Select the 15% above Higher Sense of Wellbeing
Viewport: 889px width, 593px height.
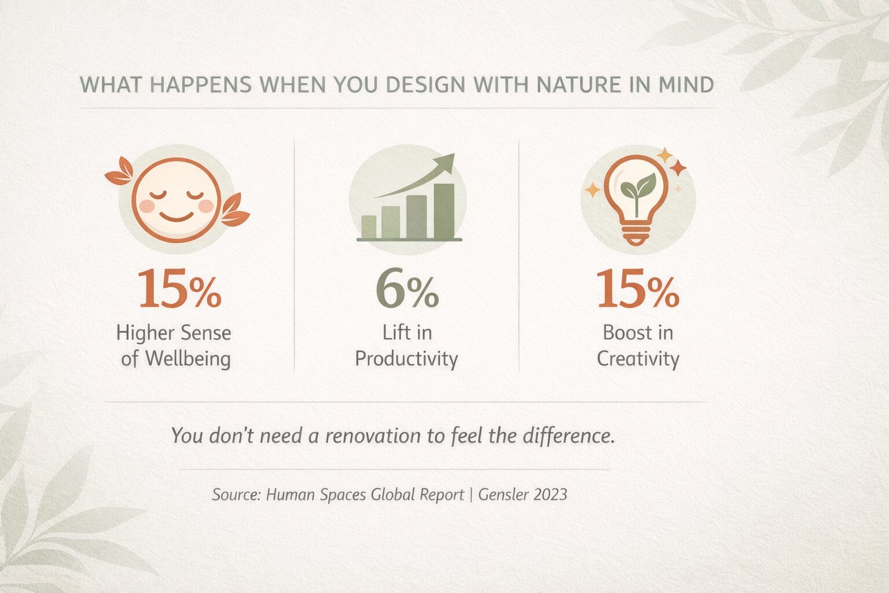pos(179,289)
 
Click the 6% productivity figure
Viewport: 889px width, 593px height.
pos(407,289)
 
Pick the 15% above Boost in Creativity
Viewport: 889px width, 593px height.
pos(638,289)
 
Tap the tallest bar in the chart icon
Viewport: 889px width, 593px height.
pos(444,211)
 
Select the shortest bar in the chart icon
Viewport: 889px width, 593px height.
pos(369,227)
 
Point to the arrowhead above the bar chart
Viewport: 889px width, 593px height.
pos(444,163)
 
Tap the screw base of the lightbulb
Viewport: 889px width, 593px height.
pos(636,235)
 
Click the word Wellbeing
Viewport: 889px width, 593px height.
pos(188,358)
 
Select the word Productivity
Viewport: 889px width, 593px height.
pos(406,358)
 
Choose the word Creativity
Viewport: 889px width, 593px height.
pos(638,358)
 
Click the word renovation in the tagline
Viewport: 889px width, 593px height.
pos(373,435)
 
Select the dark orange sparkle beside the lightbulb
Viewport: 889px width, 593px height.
pos(678,167)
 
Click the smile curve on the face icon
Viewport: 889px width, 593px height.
pos(176,217)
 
